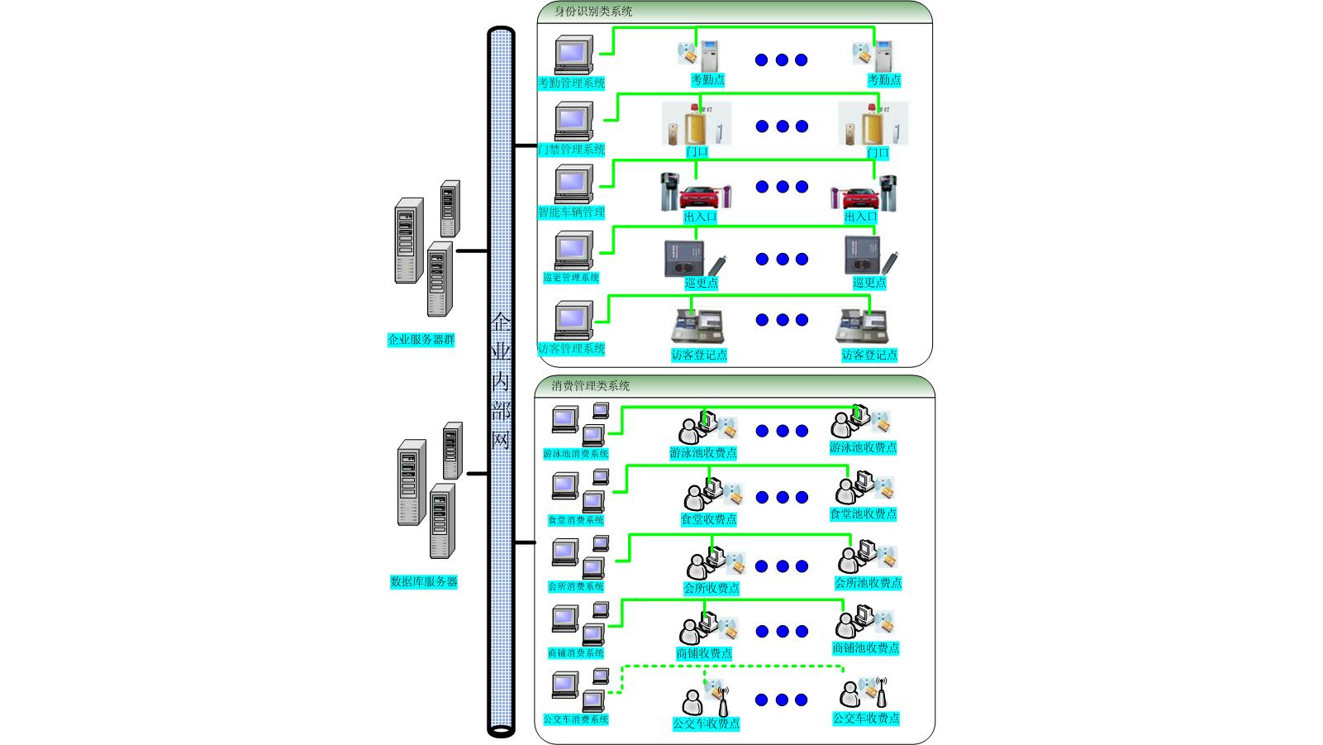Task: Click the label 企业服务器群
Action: pos(421,340)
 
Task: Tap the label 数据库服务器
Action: pos(424,582)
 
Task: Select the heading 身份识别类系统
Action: pos(593,12)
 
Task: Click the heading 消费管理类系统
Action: pos(591,386)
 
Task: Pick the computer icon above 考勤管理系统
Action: pos(573,55)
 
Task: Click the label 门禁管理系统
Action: pos(572,150)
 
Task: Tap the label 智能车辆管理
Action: pos(572,213)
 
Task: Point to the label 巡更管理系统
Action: pos(571,278)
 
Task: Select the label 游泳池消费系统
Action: pos(576,454)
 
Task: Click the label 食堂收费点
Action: pos(708,519)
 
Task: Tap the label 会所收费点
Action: pos(711,588)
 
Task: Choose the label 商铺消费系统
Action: pos(576,653)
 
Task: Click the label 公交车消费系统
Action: pos(576,719)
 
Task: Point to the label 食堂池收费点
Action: pos(864,513)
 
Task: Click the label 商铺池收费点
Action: pos(866,648)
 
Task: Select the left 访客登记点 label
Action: pos(699,355)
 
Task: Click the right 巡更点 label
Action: pos(869,283)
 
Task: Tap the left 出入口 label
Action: pos(700,217)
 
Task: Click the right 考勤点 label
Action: pos(884,80)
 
